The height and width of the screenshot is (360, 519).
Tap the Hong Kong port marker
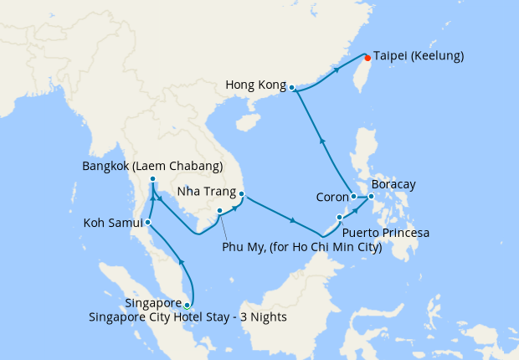coord(292,87)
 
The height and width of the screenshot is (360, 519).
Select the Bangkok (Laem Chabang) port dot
coord(152,180)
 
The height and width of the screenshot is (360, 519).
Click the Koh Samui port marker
coord(147,223)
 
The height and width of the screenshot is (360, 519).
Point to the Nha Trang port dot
coord(242,196)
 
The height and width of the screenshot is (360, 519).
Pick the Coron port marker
coord(354,197)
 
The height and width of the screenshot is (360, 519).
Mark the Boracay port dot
coord(372,198)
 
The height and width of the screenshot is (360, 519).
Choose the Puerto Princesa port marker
coord(339,218)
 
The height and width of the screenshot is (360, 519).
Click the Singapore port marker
coord(187,306)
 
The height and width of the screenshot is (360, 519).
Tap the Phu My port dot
coord(219,211)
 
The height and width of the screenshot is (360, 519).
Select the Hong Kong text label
coord(254,85)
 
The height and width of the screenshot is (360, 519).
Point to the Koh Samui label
coord(111,224)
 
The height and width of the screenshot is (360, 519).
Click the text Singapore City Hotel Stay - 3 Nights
coord(188,316)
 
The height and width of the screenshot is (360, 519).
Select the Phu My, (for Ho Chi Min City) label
coord(301,247)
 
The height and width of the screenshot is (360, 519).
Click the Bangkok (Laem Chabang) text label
coord(152,166)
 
